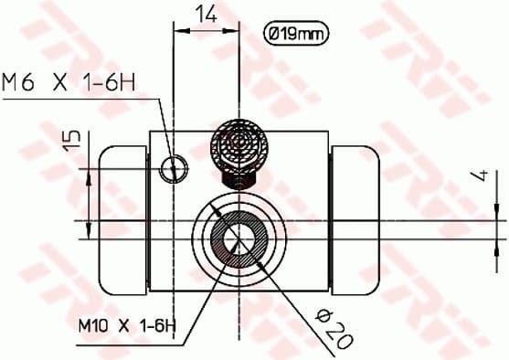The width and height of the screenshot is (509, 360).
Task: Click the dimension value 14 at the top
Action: pos(206,14)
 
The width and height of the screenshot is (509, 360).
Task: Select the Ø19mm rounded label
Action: pos(293,34)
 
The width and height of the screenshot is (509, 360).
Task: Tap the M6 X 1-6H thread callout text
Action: pos(69,83)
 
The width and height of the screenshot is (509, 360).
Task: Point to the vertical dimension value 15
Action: pos(72,140)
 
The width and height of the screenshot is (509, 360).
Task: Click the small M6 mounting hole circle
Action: pos(172,168)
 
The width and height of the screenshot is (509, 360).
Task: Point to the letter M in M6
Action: pos(12,83)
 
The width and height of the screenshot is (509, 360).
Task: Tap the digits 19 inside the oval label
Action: pos(289,34)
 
